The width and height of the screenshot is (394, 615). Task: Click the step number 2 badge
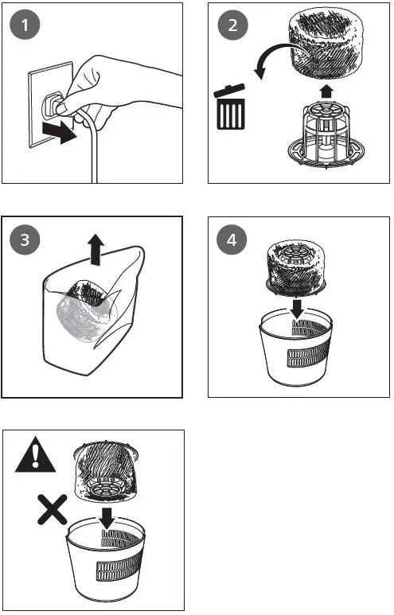point(232,25)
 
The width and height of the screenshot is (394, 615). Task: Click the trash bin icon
point(230,109)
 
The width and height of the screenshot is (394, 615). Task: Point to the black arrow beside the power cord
point(60,131)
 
